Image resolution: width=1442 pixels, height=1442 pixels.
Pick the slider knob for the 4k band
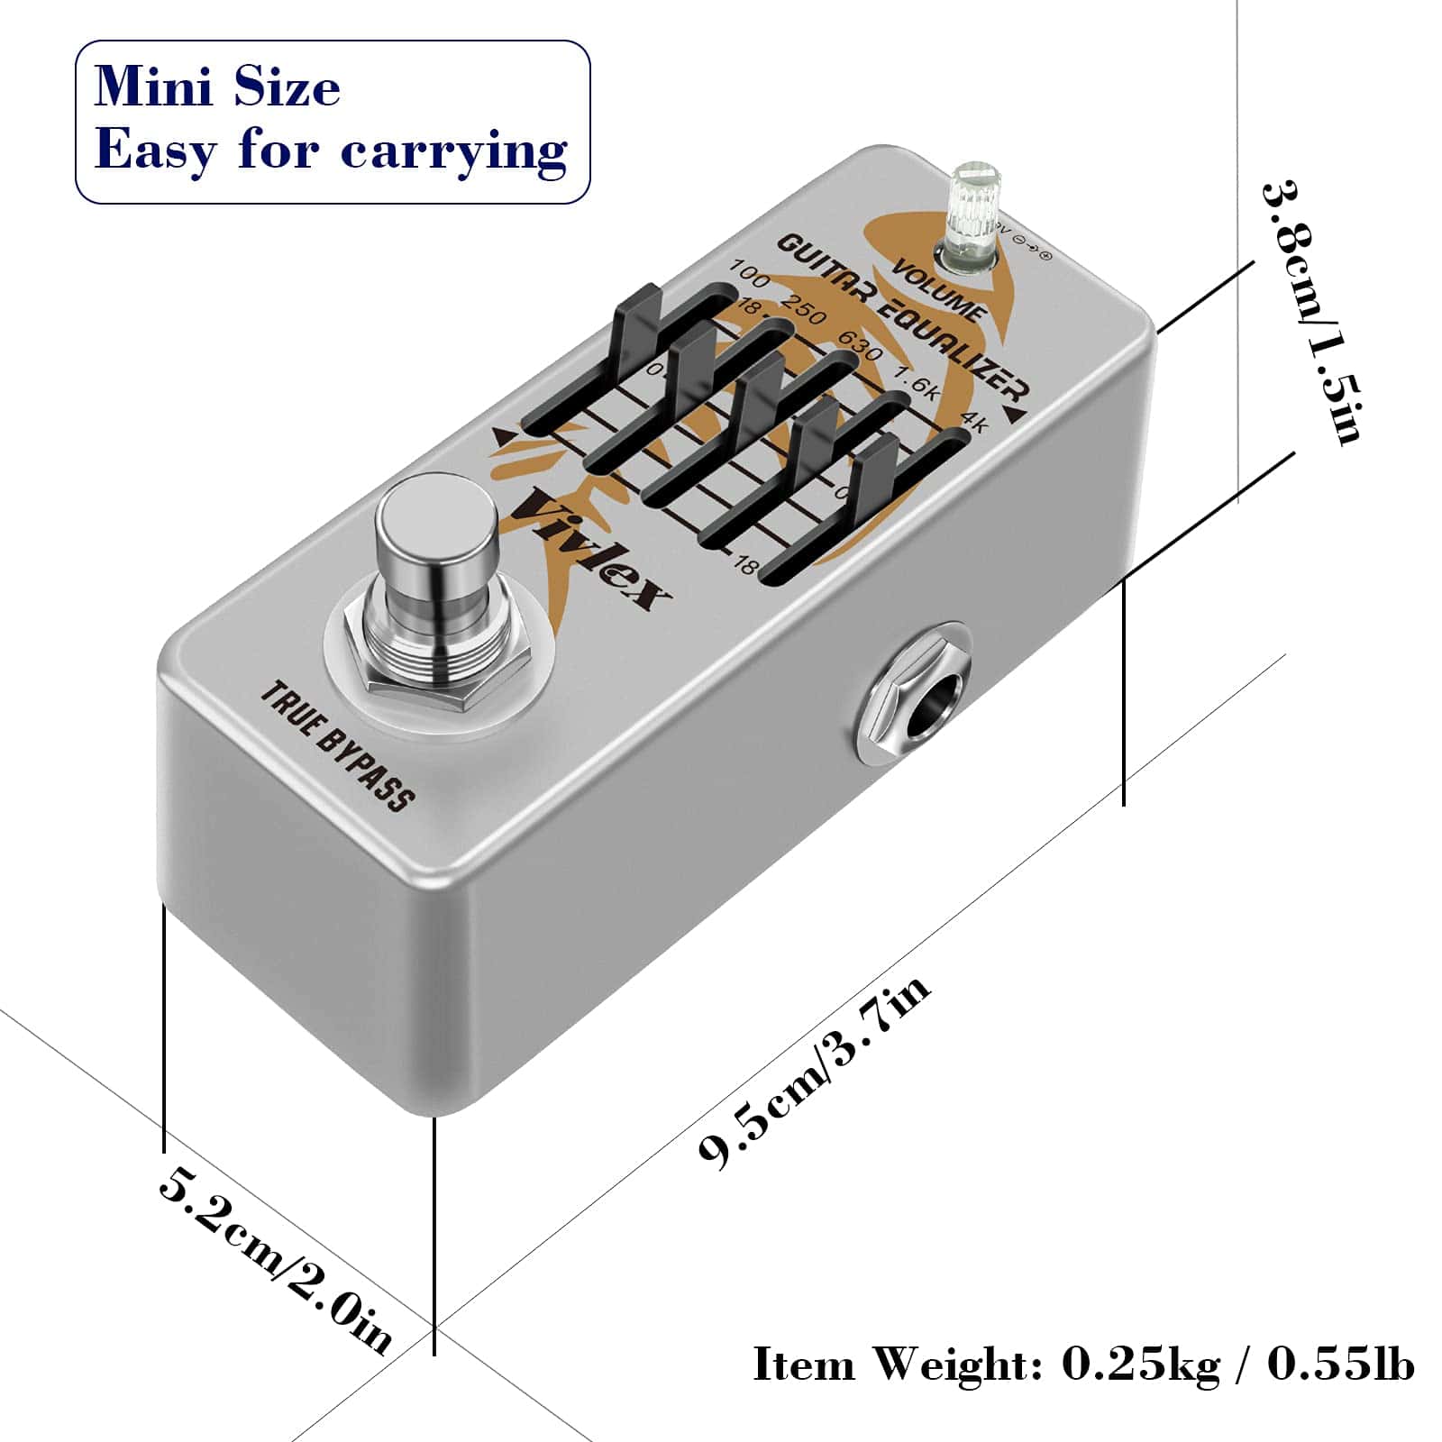coord(874,487)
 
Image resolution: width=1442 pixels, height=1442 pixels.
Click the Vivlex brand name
coord(591,550)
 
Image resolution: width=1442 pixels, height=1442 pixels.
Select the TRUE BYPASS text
coord(337,746)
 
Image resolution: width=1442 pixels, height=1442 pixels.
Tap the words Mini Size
coord(217,87)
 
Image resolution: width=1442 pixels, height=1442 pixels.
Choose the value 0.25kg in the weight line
coord(1140,1364)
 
